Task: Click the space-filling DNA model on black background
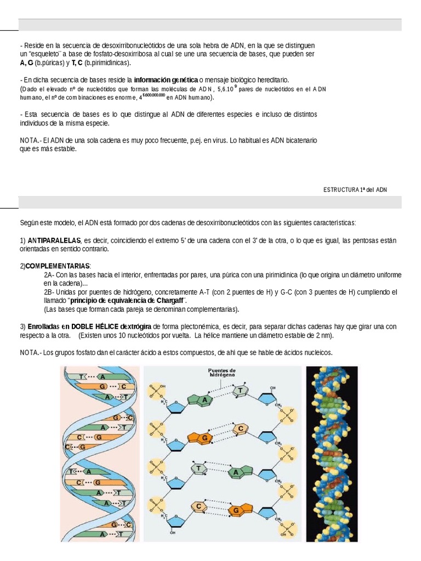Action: coord(332,451)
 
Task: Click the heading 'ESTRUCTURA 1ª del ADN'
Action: coord(355,189)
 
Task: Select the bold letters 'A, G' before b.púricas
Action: coord(27,63)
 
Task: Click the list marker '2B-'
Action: coord(49,292)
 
